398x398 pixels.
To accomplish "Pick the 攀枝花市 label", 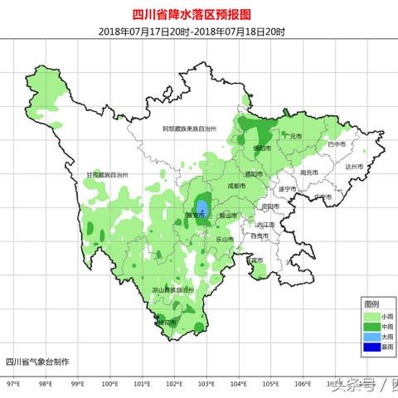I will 167,321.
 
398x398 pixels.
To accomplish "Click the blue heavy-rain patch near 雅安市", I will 201,206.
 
